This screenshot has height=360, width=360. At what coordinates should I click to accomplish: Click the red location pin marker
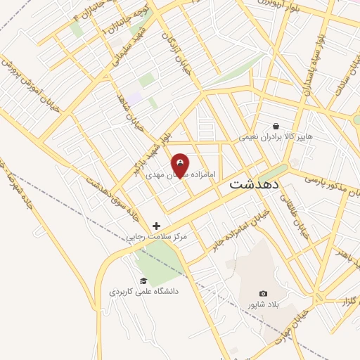tap(181, 166)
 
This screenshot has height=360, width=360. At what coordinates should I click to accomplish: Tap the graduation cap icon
tap(144, 281)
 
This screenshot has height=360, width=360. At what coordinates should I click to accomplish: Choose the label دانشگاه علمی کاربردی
tap(144, 291)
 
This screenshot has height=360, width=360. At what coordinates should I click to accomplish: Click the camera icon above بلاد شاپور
tap(263, 293)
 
